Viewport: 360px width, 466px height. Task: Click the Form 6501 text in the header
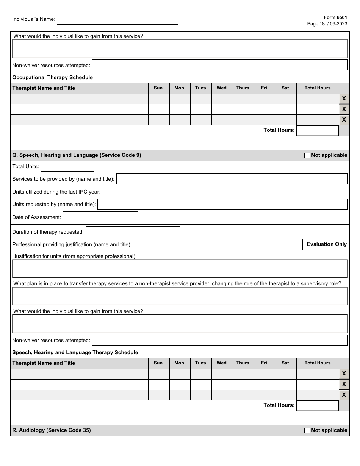(335, 17)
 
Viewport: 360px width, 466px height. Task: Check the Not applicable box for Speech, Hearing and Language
(307, 155)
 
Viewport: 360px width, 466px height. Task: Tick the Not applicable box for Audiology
(307, 430)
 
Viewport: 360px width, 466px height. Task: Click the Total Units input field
(67, 166)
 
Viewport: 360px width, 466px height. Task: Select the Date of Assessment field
(100, 217)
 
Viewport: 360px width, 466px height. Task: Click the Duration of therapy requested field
(133, 232)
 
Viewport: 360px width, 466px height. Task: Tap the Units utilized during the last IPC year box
(141, 192)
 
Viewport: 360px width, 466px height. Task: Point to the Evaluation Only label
(327, 244)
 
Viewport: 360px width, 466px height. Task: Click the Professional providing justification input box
(218, 245)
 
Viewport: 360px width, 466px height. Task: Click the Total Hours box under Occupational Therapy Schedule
(317, 131)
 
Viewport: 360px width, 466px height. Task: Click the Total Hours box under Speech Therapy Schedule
(317, 406)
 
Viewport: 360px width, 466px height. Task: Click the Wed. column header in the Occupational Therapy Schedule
(222, 88)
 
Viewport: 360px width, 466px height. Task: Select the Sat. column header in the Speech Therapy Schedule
(286, 363)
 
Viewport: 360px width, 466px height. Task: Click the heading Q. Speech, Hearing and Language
(77, 155)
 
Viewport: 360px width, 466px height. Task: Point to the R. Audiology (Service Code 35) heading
(52, 430)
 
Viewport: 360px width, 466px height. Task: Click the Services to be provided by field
(232, 179)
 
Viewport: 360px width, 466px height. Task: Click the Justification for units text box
(180, 269)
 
